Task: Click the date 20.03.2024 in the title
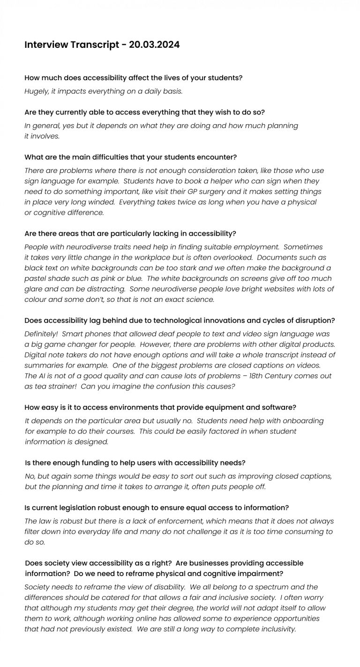tap(154, 45)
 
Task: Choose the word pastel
tap(37, 278)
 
